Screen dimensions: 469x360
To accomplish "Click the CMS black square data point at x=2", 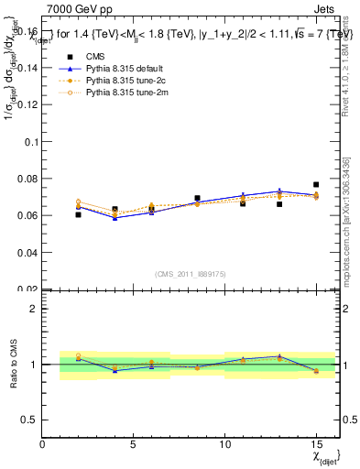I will point(79,214).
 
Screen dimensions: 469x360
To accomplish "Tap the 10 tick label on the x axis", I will point(225,445).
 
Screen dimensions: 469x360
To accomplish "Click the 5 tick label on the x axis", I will point(134,445).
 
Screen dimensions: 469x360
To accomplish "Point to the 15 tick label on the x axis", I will point(316,445).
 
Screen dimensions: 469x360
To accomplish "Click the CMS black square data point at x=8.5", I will point(197,198).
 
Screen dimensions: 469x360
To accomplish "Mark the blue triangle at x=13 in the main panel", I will point(279,191).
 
